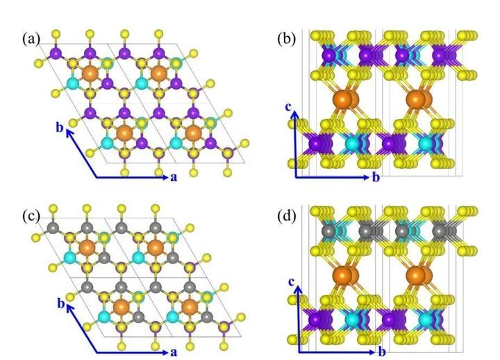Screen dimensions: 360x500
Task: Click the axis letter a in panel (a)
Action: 174,177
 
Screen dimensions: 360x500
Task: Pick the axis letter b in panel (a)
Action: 60,128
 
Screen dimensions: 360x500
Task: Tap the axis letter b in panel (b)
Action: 376,177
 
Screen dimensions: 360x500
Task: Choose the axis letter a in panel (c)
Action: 174,352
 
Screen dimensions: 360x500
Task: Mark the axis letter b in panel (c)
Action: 60,303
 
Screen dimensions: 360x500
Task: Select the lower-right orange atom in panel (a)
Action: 193,132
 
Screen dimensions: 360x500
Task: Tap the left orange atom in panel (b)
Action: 342,99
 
